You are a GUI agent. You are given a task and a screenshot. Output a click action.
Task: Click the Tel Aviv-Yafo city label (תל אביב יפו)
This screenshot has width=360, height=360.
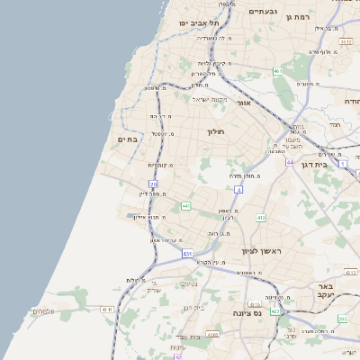pyautogui.click(x=193, y=22)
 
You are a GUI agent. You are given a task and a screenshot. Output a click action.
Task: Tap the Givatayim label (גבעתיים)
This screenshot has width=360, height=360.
pyautogui.click(x=268, y=12)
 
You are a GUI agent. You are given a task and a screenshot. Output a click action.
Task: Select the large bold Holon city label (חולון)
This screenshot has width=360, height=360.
pyautogui.click(x=215, y=131)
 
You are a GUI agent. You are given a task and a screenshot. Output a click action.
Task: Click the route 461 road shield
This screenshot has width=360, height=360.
pyautogui.click(x=278, y=71)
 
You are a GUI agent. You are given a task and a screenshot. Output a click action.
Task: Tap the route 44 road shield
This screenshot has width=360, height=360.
pyautogui.click(x=290, y=163)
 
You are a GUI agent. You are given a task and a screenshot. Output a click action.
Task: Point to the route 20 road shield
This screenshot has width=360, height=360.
pyautogui.click(x=154, y=184)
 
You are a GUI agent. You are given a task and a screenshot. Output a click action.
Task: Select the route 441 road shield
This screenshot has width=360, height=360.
pyautogui.click(x=185, y=206)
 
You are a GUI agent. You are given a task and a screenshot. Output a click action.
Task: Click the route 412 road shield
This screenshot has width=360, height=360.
pyautogui.click(x=261, y=218)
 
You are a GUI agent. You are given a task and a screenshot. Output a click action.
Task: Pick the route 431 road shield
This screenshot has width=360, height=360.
pyautogui.click(x=187, y=255)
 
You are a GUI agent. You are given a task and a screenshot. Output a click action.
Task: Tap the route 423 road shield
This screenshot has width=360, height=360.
pyautogui.click(x=275, y=311)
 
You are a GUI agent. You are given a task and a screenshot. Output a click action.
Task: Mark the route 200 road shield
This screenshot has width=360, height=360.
pyautogui.click(x=343, y=319)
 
